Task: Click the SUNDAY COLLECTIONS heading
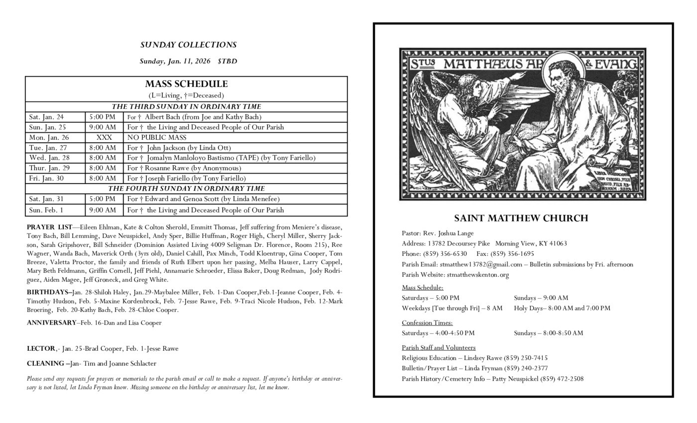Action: coord(188,45)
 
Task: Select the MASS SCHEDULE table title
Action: coord(186,84)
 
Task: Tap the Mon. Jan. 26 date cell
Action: coord(49,137)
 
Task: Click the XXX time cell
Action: coord(104,137)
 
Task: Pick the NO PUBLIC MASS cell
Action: coord(157,137)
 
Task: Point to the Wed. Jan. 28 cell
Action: coord(49,158)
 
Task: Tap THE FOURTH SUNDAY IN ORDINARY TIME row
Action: coord(186,189)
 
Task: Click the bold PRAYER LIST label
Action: coord(49,227)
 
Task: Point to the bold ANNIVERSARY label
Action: coord(52,322)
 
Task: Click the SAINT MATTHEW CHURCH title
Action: coord(521,218)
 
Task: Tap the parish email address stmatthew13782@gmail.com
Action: coord(481,264)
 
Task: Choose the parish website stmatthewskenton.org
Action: coord(477,275)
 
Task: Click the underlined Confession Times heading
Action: coord(427,322)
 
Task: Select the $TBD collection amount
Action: coord(227,61)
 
